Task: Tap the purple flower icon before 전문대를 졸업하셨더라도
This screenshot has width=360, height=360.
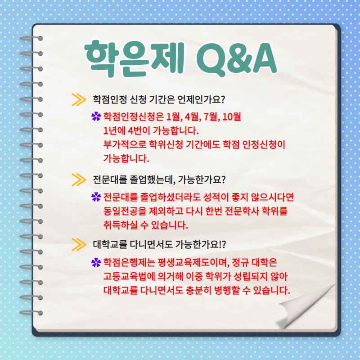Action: (x=95, y=198)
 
